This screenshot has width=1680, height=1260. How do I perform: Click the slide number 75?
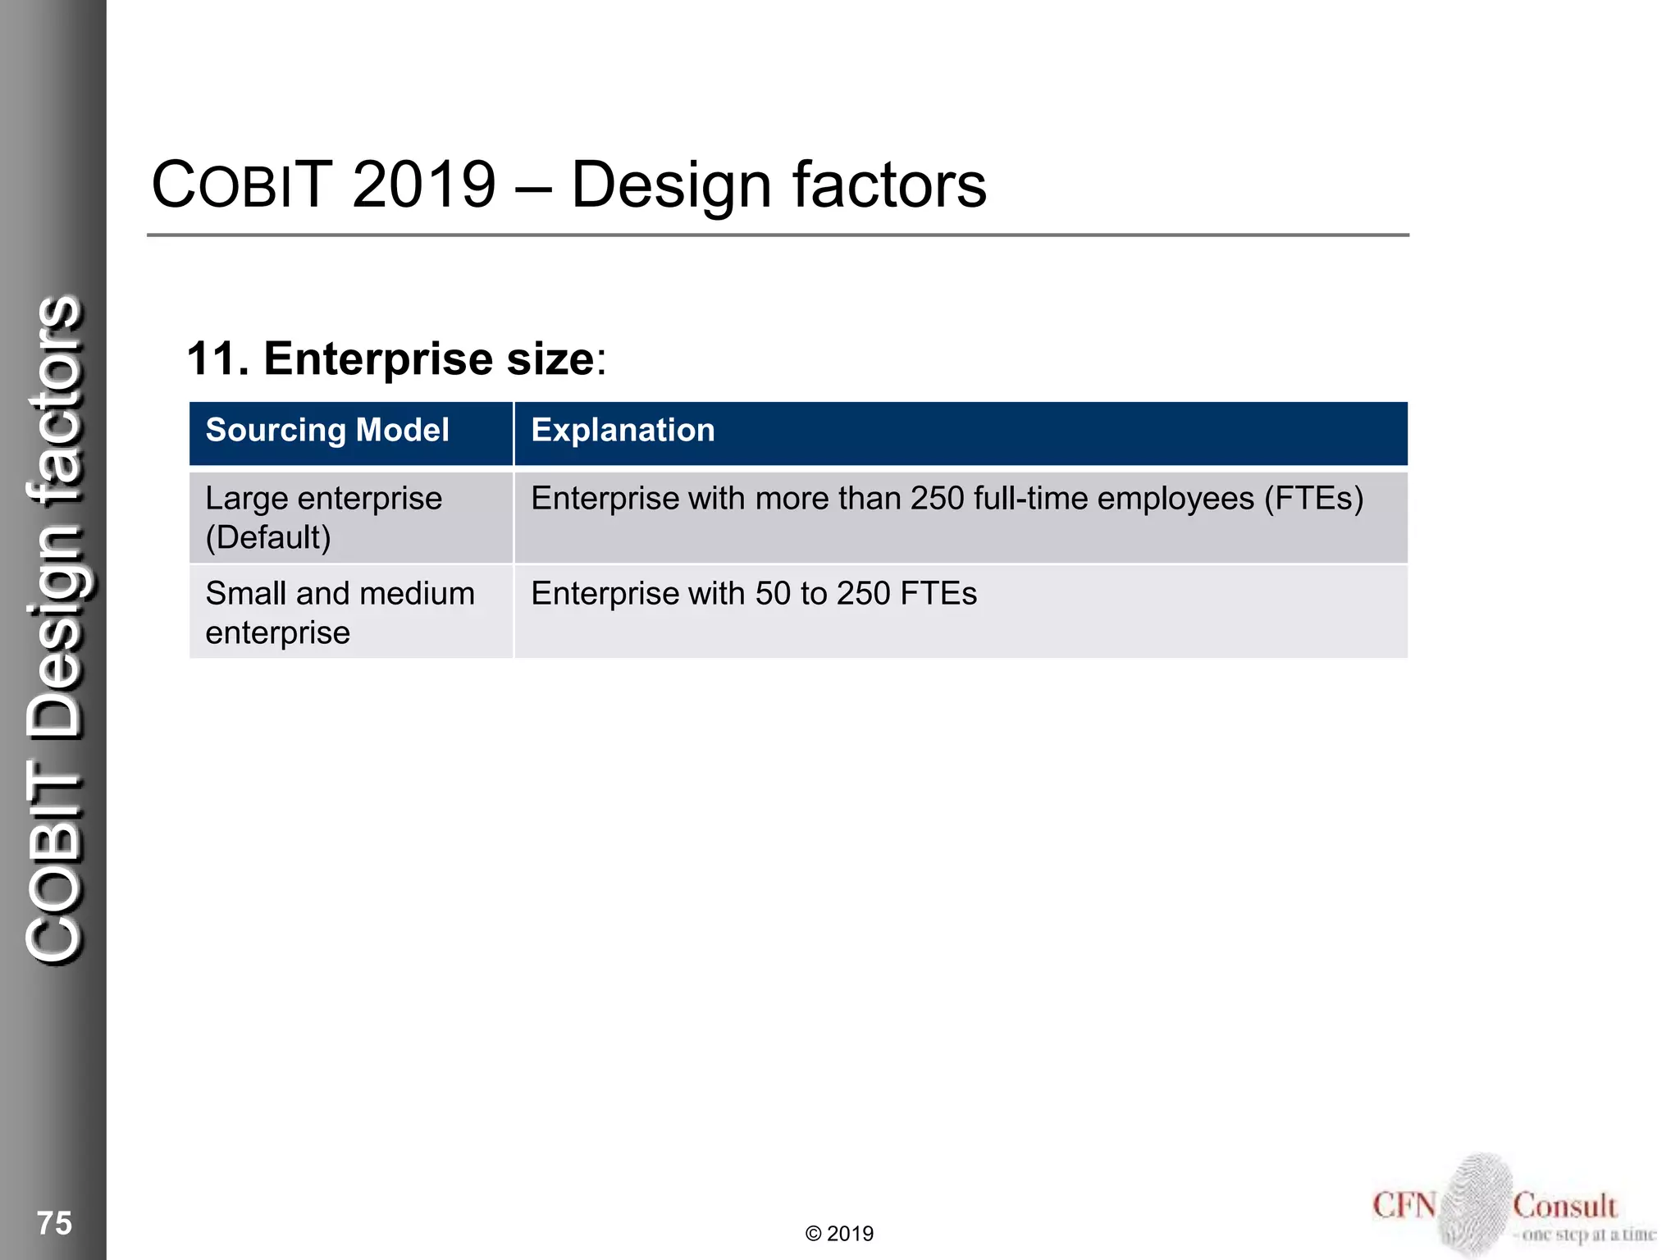pyautogui.click(x=54, y=1223)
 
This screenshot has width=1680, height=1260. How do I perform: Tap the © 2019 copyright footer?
pyautogui.click(x=839, y=1234)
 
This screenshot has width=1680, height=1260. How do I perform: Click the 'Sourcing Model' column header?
pyautogui.click(x=327, y=431)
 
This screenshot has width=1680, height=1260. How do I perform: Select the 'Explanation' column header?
pyautogui.click(x=623, y=431)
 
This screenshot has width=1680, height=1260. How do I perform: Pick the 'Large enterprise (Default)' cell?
pyautogui.click(x=323, y=518)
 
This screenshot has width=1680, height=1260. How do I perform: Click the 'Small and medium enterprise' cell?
pyautogui.click(x=340, y=613)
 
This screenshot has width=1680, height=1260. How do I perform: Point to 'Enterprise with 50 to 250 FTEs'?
pyautogui.click(x=753, y=594)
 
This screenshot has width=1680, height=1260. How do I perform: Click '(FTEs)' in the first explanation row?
pyautogui.click(x=1313, y=499)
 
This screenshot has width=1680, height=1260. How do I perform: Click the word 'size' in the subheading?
pyautogui.click(x=550, y=359)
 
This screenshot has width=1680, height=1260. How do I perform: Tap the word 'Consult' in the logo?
pyautogui.click(x=1564, y=1206)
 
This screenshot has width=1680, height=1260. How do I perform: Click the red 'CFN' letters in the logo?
pyautogui.click(x=1404, y=1206)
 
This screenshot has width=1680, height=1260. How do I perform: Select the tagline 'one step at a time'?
pyautogui.click(x=1588, y=1235)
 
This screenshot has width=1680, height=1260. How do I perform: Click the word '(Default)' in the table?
pyautogui.click(x=268, y=538)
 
